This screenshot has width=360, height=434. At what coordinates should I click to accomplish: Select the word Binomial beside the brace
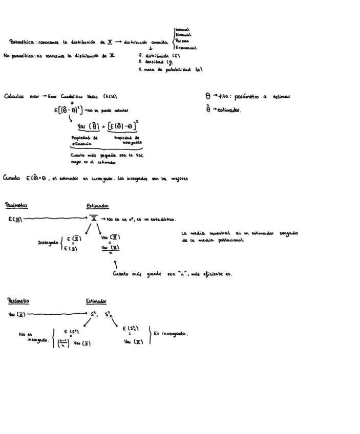pos(183,35)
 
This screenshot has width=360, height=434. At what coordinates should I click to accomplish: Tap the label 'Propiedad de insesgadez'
pos(128,140)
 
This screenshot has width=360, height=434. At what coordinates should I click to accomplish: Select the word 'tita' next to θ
pos(226,96)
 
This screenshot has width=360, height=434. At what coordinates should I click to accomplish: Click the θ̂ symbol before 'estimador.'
pos(208,109)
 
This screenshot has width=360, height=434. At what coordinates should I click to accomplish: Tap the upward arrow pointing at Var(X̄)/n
pos(115,265)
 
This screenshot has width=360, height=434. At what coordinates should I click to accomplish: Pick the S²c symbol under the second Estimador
pos(109,314)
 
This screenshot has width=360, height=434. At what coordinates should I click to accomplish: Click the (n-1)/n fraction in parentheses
pos(62,343)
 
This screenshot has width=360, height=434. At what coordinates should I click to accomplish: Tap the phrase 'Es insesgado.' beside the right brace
pos(171,334)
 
